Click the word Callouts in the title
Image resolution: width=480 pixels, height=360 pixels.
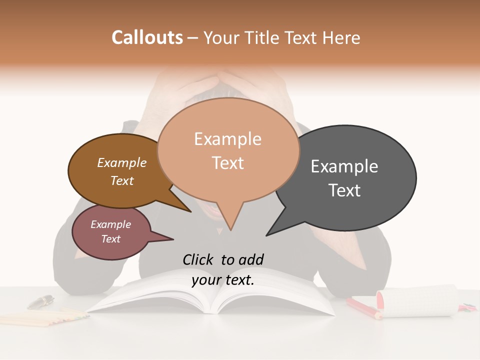click(x=147, y=37)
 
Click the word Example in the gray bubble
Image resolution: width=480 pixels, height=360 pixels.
click(x=344, y=166)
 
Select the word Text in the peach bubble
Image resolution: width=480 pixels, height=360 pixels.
click(x=228, y=163)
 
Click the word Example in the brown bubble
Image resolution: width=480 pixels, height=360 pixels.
click(x=121, y=163)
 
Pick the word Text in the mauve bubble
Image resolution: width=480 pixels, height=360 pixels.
click(x=110, y=239)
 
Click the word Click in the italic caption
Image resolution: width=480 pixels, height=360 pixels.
click(x=198, y=259)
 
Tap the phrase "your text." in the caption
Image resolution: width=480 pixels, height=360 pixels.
click(x=223, y=280)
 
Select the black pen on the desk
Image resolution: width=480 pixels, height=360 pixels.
click(x=40, y=301)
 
